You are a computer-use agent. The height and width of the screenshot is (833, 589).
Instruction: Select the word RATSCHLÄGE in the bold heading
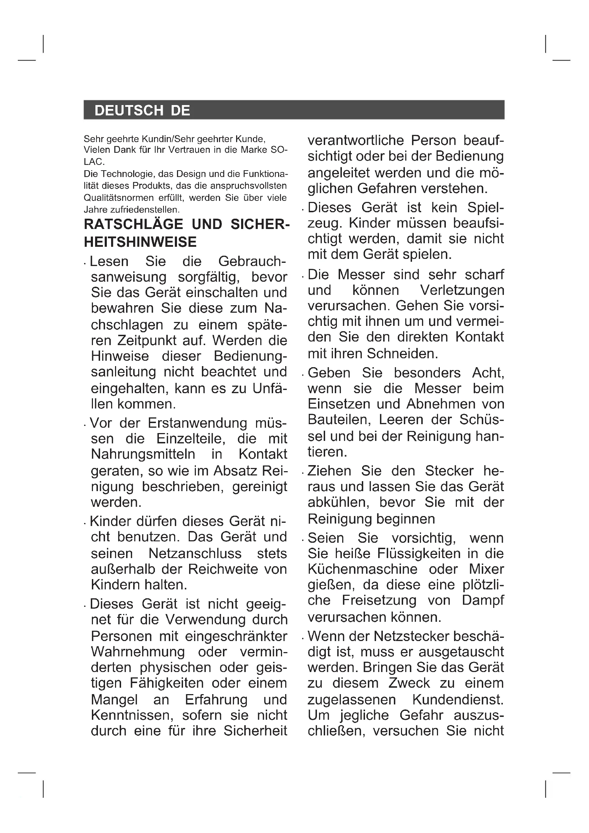[134, 224]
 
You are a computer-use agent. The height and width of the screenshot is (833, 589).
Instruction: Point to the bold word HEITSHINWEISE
[140, 242]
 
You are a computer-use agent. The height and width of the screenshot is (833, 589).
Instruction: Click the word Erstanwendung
[198, 423]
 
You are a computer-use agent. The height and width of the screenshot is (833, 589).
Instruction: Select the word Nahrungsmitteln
[143, 454]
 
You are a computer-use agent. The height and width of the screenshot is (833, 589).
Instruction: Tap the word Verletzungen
[462, 290]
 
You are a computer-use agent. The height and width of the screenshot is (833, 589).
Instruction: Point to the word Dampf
[483, 600]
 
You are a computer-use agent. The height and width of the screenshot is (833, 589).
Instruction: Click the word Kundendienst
[458, 699]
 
